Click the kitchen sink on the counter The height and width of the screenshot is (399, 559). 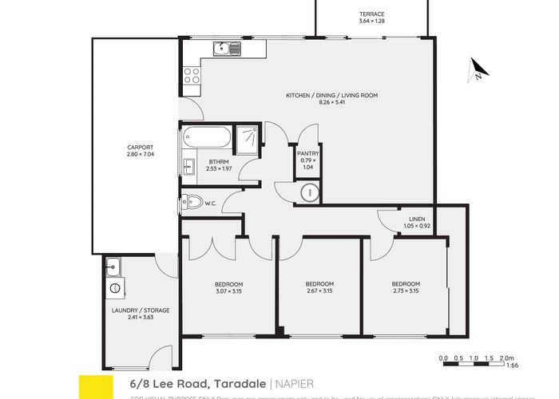click(x=228, y=49)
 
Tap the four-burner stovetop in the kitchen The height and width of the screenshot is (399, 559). click(x=192, y=76)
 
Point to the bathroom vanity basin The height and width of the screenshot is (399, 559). click(x=189, y=166)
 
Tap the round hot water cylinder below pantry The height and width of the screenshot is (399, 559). click(x=308, y=192)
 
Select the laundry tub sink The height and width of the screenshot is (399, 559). click(x=113, y=267)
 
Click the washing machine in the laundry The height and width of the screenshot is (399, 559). click(x=113, y=286)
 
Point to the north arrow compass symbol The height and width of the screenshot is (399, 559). click(x=476, y=73)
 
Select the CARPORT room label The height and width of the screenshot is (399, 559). click(x=140, y=147)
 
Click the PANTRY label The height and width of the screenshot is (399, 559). click(x=308, y=153)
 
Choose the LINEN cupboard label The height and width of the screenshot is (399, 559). click(x=415, y=219)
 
